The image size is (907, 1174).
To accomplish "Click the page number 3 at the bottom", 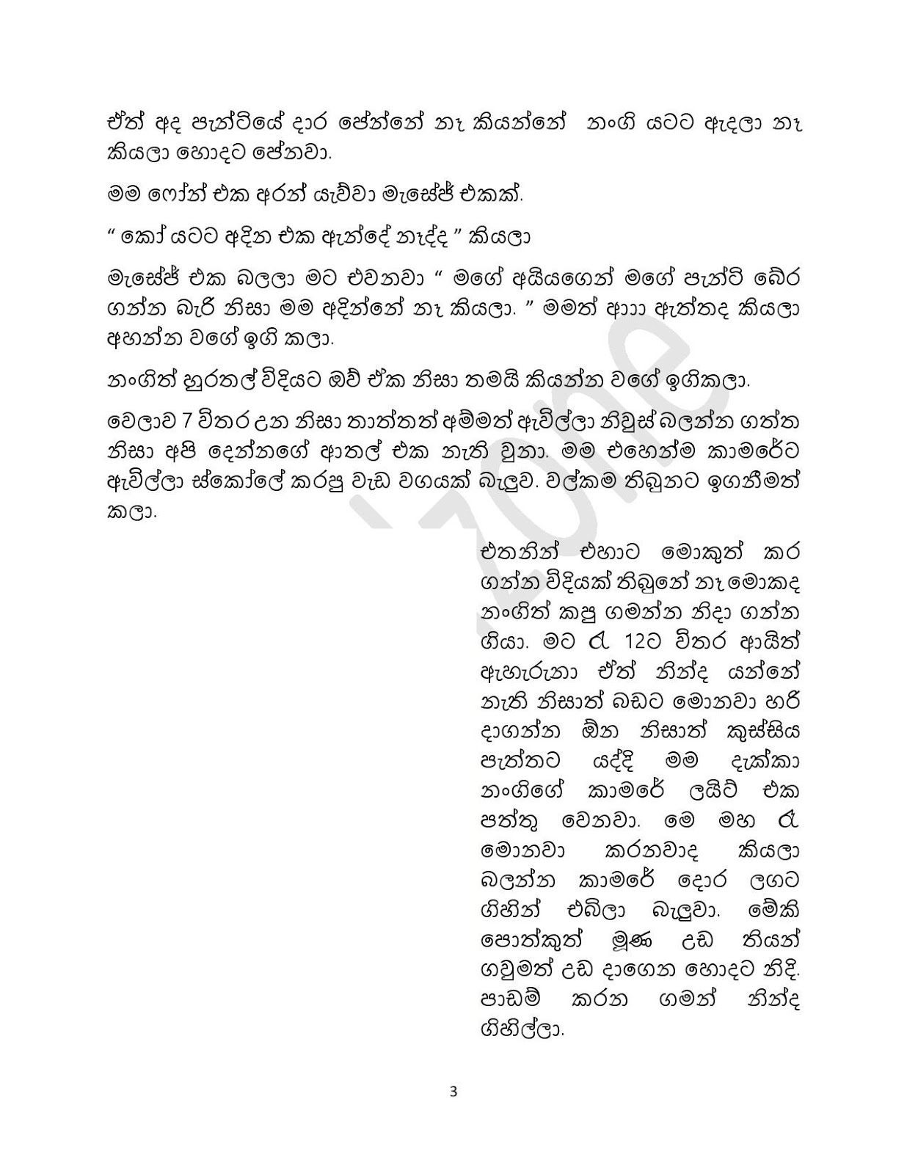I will pos(453,1091).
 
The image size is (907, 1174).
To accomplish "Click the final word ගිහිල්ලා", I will pos(523,1029).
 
